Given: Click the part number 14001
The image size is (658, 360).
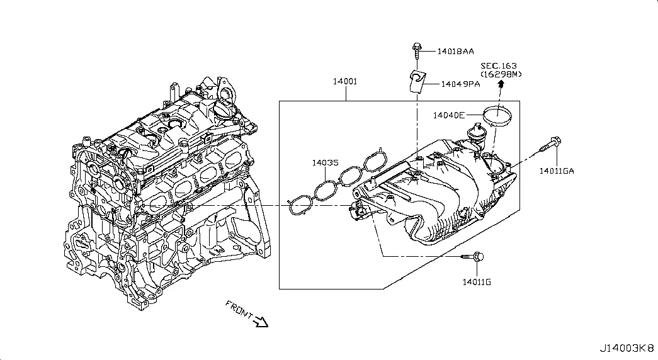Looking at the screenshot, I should (x=346, y=81).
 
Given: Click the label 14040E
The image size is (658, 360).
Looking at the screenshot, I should (x=448, y=115).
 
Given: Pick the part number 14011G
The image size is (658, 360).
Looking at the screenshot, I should (x=476, y=281).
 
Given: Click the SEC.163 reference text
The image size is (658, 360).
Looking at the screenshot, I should (x=500, y=65).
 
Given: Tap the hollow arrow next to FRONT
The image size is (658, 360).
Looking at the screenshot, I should (x=260, y=322).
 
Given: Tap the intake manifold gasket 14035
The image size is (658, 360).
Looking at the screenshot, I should (x=338, y=182).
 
